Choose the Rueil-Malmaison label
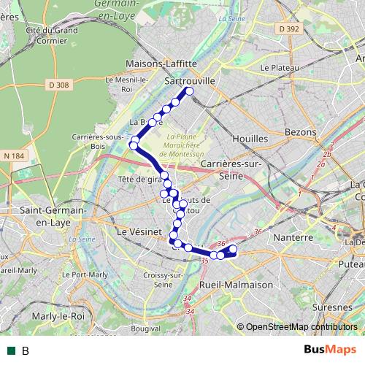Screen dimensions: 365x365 coord(236,285)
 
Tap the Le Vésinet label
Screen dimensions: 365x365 coord(137,230)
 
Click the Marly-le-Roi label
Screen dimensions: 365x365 coord(55,317)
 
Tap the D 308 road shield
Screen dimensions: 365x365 coord(61,85)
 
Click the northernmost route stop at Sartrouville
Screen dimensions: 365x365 coord(189,91)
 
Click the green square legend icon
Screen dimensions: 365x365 coord(11,350)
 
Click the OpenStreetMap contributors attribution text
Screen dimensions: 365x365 coord(300,327)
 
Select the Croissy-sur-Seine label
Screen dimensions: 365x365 coord(164,280)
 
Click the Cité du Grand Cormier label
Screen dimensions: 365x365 coord(51,35)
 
